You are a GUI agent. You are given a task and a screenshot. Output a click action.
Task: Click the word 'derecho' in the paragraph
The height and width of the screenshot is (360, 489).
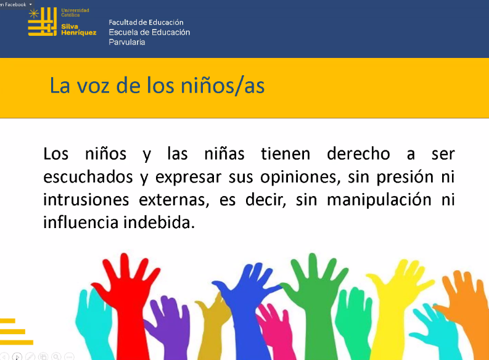pyautogui.click(x=358, y=153)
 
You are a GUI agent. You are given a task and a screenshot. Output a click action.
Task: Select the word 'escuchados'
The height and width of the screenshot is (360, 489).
pyautogui.click(x=88, y=177)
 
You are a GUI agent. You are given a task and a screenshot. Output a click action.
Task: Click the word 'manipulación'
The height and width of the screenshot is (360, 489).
pyautogui.click(x=379, y=200)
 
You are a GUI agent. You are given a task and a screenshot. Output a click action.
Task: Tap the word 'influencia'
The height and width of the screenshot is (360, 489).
pyautogui.click(x=81, y=223)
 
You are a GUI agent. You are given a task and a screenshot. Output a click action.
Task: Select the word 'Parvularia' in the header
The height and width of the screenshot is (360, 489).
pyautogui.click(x=127, y=42)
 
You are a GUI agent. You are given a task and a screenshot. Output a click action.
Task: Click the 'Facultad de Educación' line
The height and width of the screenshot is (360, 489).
pyautogui.click(x=146, y=22)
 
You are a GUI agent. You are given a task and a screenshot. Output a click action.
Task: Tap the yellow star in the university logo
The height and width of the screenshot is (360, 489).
pyautogui.click(x=34, y=14)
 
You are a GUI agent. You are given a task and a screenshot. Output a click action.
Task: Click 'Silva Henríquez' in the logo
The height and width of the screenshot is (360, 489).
pyautogui.click(x=78, y=30)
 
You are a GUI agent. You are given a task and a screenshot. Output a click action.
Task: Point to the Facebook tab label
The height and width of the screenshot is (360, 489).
pyautogui.click(x=13, y=4)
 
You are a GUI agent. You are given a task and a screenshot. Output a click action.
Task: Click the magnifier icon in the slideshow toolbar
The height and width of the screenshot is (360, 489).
pyautogui.click(x=56, y=356)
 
